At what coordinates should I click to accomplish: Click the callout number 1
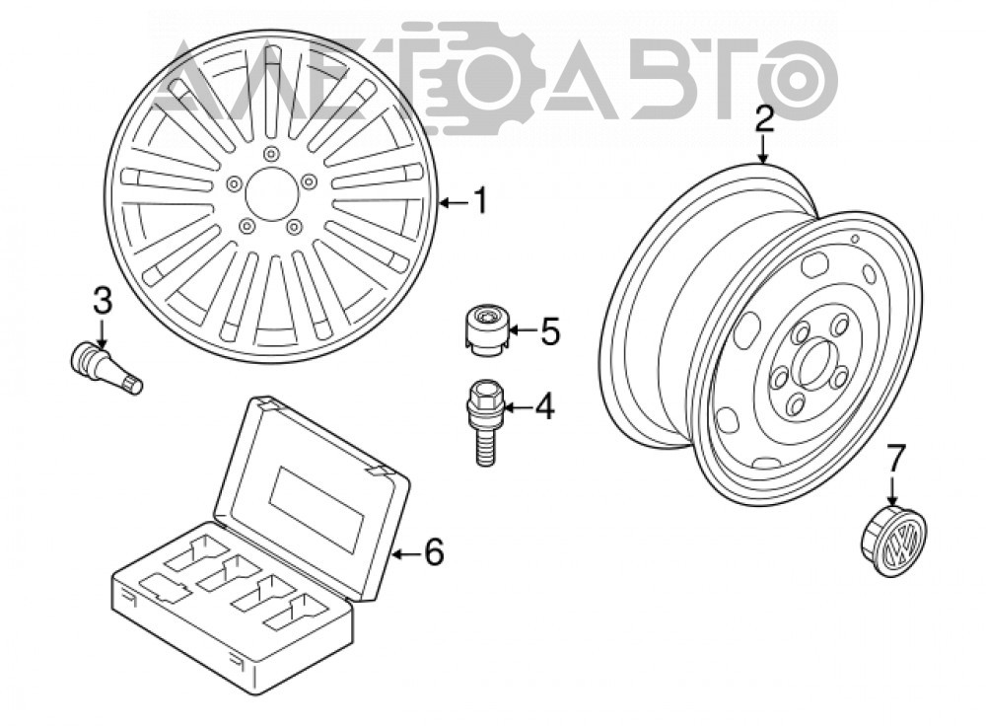click(480, 202)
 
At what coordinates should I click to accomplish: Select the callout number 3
click(102, 300)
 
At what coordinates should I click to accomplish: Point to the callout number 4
click(544, 406)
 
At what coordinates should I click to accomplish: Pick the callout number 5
click(549, 330)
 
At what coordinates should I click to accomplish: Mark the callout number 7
click(895, 458)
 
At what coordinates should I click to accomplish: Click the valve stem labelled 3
click(106, 367)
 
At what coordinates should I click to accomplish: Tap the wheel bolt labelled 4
click(484, 421)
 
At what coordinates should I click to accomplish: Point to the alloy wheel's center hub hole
click(270, 194)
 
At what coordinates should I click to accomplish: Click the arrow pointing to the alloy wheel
click(454, 202)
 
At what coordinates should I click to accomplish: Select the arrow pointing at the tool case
click(407, 553)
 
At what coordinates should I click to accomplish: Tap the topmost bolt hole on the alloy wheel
click(271, 154)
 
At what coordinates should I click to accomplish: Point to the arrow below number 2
click(763, 149)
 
